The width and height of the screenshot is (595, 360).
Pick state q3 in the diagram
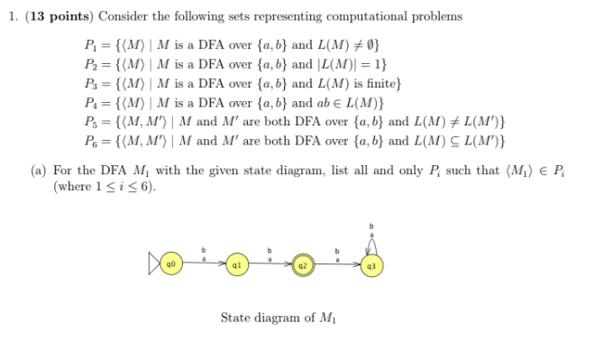click(371, 267)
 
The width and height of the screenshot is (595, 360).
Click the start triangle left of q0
click(154, 266)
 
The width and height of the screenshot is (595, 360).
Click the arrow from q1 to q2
click(270, 266)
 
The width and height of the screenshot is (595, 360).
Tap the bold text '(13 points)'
click(55, 16)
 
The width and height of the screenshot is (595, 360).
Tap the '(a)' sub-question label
click(41, 171)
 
